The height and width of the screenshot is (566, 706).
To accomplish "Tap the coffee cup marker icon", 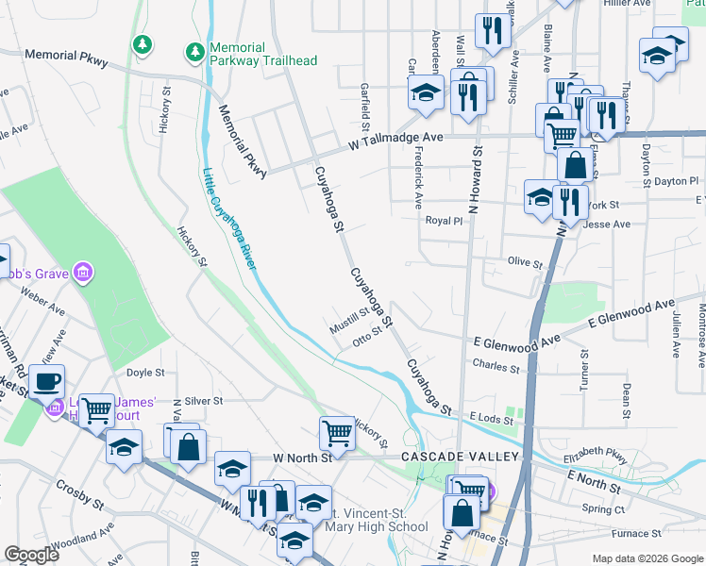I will (x=46, y=382).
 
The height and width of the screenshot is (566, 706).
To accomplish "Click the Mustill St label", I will (x=348, y=319).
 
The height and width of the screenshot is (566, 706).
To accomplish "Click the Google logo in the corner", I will (x=31, y=555).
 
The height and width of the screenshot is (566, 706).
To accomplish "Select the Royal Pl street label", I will (x=444, y=221).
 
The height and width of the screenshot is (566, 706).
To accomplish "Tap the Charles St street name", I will (x=496, y=364).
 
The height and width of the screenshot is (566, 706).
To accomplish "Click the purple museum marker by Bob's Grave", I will (x=83, y=274).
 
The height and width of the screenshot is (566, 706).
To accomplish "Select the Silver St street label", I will (x=203, y=400).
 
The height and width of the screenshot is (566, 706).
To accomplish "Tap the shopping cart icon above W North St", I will (x=336, y=433).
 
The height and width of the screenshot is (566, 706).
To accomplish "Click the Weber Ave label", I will (x=42, y=304).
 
